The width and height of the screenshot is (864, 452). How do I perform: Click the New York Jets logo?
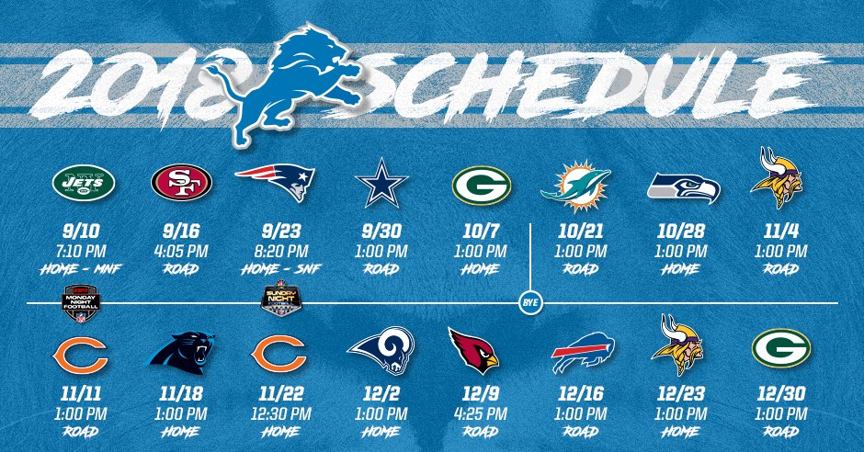84,182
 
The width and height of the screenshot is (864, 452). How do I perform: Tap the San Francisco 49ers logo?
181,182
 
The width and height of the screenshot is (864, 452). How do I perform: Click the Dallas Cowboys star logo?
381,183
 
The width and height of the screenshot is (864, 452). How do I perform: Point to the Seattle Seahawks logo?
684,187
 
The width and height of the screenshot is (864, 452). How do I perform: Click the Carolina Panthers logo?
182,353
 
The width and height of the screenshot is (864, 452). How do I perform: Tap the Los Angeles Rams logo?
381,351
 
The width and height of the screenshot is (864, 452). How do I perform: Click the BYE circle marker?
530,303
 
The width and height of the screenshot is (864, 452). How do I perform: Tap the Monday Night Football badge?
82,303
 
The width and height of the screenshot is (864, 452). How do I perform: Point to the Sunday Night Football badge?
281,299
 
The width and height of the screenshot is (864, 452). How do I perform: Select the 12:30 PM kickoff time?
281,413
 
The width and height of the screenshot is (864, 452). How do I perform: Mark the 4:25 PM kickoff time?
481,413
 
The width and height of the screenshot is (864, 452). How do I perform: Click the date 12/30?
780,393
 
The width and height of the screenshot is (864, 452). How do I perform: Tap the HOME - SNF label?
281,269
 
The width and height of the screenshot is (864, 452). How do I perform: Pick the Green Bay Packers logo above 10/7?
482,186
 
